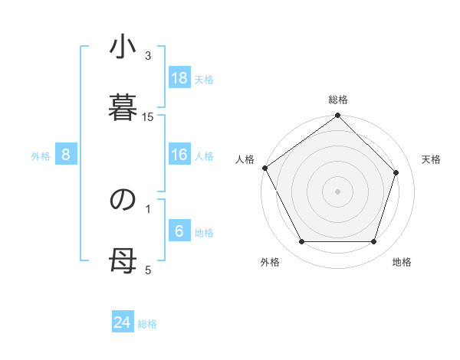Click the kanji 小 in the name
coord(123,49)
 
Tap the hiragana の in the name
coord(123,200)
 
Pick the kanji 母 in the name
coord(123,260)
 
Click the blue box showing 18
coord(179,78)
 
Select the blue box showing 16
coord(179,155)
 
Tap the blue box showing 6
coord(179,231)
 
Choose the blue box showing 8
coord(65,155)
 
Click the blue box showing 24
coord(123,322)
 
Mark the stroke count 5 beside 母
coord(149,269)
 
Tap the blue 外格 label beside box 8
coord(41,155)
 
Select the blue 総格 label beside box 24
coord(147,324)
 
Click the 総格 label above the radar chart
coord(338,100)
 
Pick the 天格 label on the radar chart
coord(432,159)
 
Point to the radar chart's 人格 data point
coord(265,168)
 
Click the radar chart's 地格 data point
coord(374,242)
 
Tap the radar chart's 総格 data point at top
coord(338,116)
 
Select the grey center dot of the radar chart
coord(338,191)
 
